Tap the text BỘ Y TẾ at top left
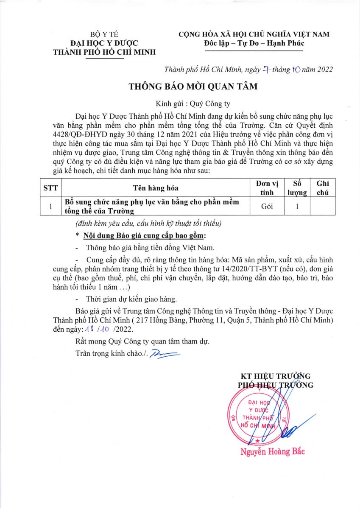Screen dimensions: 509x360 pyautogui.click(x=104, y=34)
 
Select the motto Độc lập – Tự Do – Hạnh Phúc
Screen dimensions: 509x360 pyautogui.click(x=254, y=43)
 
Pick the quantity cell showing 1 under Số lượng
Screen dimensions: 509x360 pyautogui.click(x=297, y=207)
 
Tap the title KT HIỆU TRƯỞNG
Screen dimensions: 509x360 pyautogui.click(x=276, y=376)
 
